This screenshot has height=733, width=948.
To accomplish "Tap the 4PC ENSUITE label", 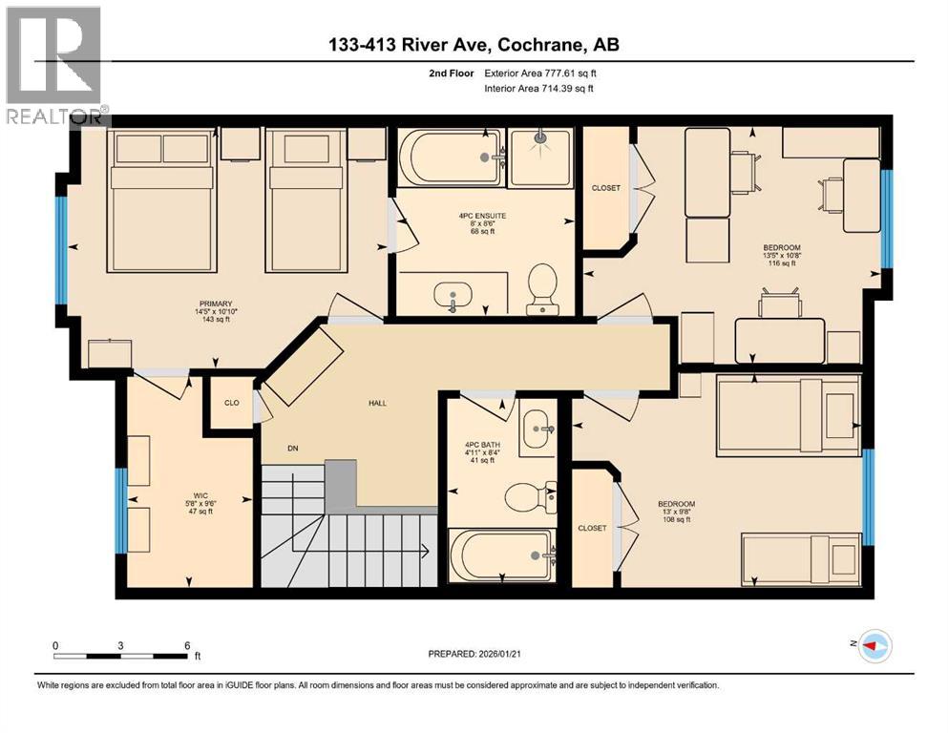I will (481, 216).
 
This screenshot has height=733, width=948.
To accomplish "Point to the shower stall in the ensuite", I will (540, 157).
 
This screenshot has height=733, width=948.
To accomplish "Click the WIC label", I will (200, 494).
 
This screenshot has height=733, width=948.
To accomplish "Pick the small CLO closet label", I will (231, 403).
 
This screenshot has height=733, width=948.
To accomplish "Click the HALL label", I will (378, 404).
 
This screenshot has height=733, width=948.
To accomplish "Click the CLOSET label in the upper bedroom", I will (605, 188).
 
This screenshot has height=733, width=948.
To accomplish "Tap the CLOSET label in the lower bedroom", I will (592, 528).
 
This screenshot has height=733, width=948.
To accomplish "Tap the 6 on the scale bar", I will (187, 645).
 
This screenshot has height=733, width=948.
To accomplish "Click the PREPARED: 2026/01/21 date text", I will (474, 653).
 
